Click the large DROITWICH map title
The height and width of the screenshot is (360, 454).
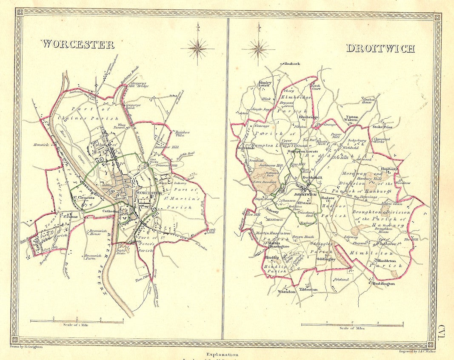(x=380, y=48)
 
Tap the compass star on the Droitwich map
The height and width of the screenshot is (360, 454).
(x=258, y=48)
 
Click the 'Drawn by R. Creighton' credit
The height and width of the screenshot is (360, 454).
(x=34, y=348)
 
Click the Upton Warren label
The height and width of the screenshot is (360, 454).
(x=351, y=119)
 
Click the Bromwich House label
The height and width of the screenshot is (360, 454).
(x=97, y=233)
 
